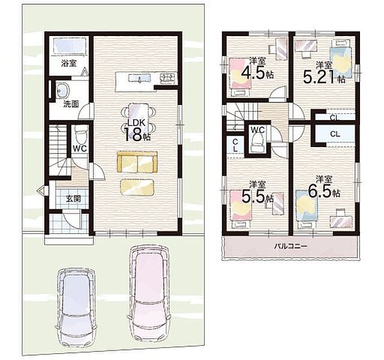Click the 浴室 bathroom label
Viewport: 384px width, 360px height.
click(69, 64)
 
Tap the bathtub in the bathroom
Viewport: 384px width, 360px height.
click(70, 45)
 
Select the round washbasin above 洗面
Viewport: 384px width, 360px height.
click(63, 91)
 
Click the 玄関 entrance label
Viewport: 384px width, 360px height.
click(73, 199)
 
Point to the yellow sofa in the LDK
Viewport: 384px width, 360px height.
click(137, 163)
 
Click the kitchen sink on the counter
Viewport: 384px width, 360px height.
click(140, 79)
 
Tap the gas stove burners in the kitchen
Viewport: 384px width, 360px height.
click(168, 78)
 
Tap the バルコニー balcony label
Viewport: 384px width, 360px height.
click(290, 246)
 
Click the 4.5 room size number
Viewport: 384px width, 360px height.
click(253, 72)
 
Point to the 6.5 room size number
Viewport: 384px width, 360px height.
click(320, 191)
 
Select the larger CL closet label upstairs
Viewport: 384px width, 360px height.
click(335, 134)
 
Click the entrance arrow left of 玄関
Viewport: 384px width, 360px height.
click(41, 190)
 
